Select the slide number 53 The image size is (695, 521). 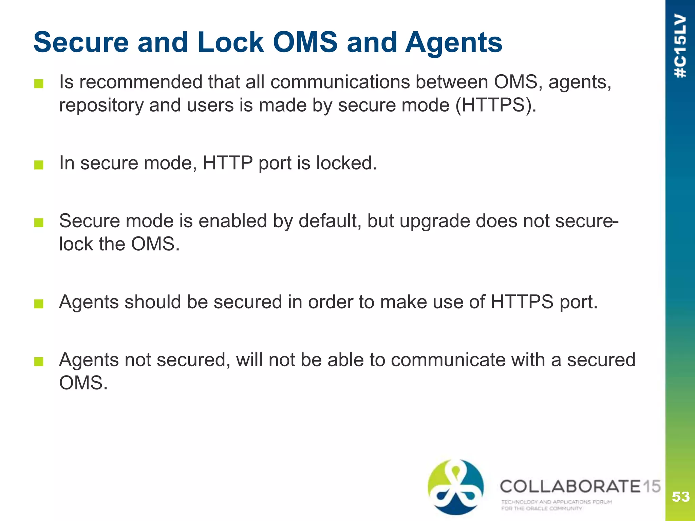click(x=680, y=497)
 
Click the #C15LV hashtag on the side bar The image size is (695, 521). click(x=680, y=46)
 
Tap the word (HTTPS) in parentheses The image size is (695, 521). click(x=496, y=105)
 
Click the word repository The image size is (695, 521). click(x=101, y=105)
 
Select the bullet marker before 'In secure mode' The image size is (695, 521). click(x=39, y=165)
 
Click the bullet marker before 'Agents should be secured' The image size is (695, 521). click(x=39, y=304)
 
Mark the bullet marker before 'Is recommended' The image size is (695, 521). click(x=39, y=84)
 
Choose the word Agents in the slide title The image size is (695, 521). click(x=454, y=43)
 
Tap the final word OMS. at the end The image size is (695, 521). click(x=83, y=383)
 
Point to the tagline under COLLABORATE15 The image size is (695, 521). click(x=557, y=505)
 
